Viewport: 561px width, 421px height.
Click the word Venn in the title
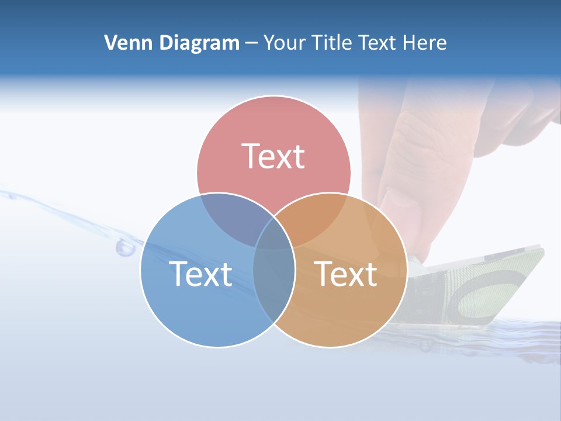124,43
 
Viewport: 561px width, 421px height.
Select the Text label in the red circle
273,156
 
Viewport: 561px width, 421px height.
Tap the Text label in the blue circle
200,274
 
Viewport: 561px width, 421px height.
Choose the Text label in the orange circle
345,274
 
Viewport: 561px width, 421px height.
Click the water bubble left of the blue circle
125,247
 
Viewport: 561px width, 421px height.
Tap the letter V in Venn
110,43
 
